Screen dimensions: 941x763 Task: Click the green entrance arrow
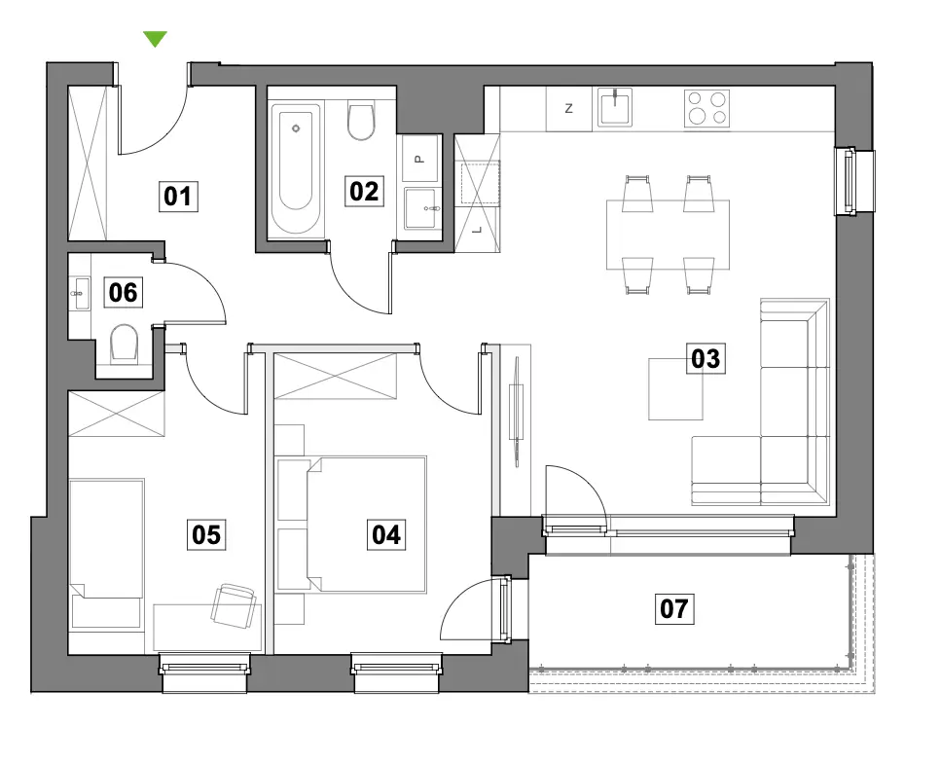[x=155, y=39]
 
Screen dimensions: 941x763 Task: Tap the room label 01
[x=178, y=197]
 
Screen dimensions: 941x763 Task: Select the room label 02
[x=364, y=192]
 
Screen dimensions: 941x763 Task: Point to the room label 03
[x=706, y=358]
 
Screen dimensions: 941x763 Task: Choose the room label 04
[x=386, y=534]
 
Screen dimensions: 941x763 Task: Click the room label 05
[x=206, y=534]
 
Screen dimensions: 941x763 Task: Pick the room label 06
[x=123, y=292]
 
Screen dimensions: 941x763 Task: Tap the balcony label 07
[x=674, y=608]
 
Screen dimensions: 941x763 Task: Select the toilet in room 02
[x=361, y=122]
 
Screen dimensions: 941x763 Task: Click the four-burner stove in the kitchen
[x=706, y=109]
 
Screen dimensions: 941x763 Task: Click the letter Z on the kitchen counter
[x=569, y=109]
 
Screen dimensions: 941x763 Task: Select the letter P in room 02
[x=419, y=159]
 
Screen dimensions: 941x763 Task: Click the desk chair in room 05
[x=234, y=605]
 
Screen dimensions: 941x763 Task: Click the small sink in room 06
[x=80, y=294]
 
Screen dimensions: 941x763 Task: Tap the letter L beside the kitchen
[x=478, y=230]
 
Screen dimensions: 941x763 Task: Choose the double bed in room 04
[x=366, y=525]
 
